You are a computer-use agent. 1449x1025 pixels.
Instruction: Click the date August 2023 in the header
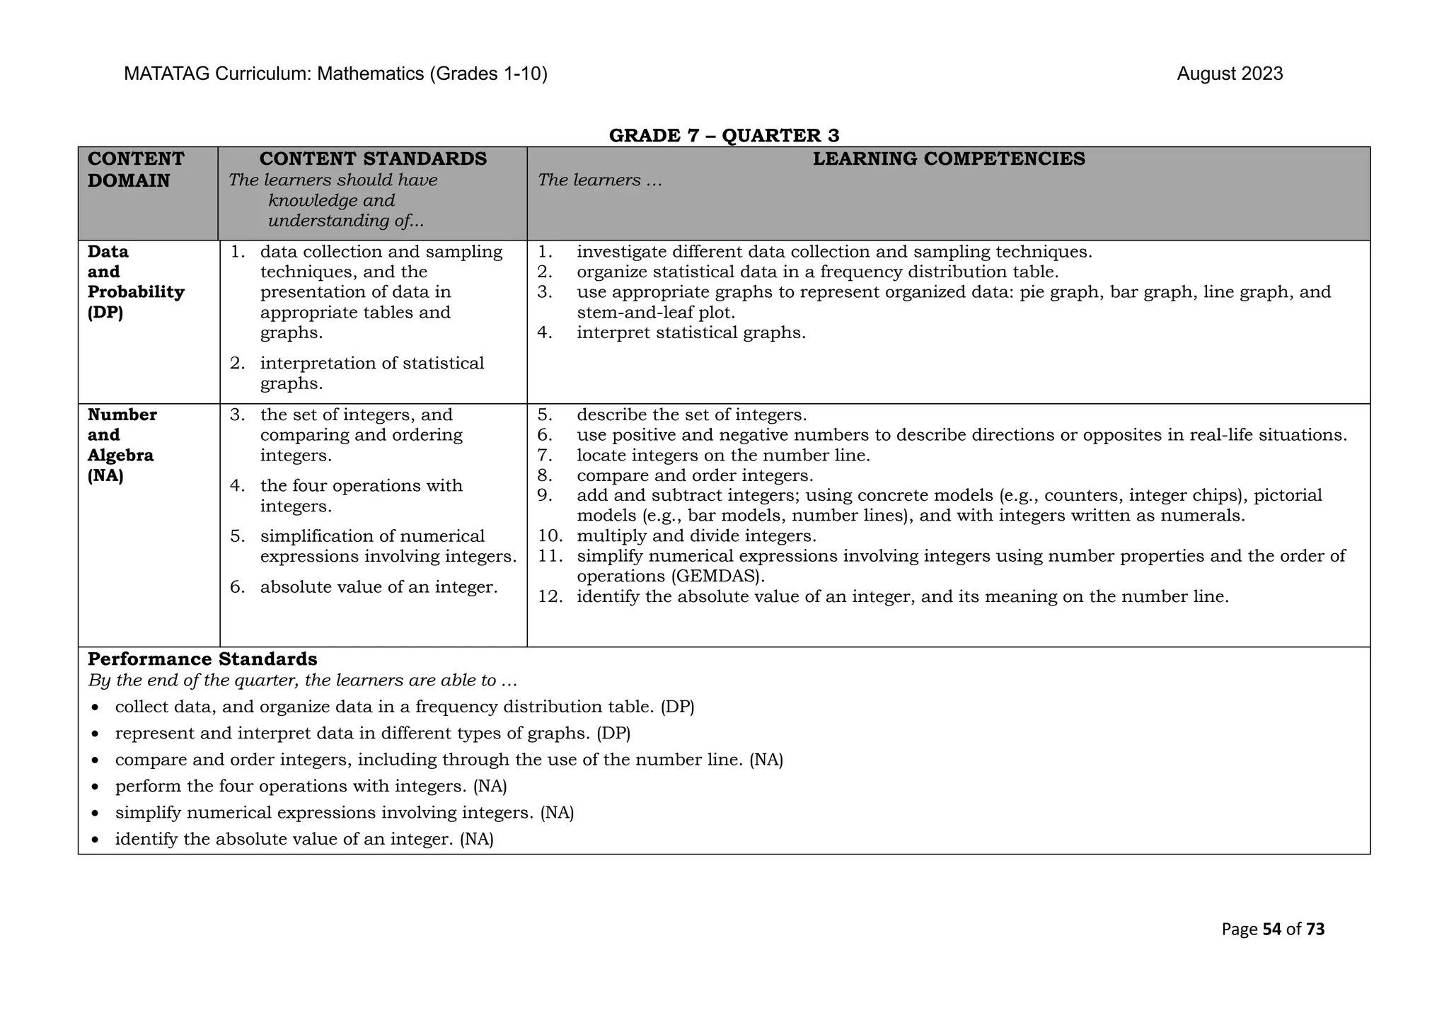tap(1230, 74)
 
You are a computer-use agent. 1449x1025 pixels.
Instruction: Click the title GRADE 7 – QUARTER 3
tap(724, 135)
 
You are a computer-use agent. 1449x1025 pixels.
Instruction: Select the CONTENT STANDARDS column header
tap(373, 159)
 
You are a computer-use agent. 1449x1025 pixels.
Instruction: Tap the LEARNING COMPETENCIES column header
tap(948, 159)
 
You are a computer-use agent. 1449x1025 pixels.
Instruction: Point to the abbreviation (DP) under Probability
tap(105, 313)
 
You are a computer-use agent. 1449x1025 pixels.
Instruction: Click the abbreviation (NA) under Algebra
tap(105, 476)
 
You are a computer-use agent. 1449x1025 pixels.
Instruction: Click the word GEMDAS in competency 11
tap(717, 577)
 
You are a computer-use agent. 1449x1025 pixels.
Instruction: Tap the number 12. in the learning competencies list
tap(550, 597)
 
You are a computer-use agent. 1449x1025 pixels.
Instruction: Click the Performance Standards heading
tap(202, 659)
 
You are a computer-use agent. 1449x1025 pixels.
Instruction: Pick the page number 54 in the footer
tap(1271, 930)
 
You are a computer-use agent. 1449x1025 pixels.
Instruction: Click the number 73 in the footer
tap(1315, 930)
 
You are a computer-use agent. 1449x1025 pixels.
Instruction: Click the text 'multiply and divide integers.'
tap(696, 536)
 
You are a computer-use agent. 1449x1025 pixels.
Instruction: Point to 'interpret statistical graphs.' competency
tap(691, 333)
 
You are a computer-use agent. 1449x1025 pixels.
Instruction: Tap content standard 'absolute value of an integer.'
tap(379, 587)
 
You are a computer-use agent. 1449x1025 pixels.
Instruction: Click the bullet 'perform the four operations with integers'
tap(311, 787)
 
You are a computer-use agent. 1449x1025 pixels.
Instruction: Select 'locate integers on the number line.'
tap(723, 456)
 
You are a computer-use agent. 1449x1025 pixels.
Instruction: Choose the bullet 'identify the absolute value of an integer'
tap(304, 840)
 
